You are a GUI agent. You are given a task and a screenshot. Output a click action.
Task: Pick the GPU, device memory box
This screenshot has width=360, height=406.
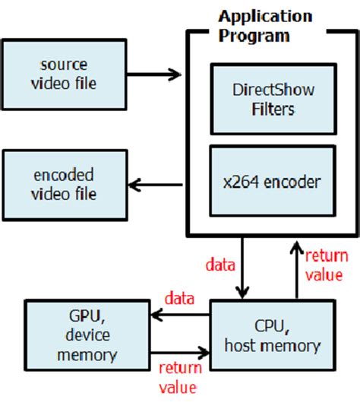[x=87, y=335]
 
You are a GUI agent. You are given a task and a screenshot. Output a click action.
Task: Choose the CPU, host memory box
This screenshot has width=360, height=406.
[x=271, y=335]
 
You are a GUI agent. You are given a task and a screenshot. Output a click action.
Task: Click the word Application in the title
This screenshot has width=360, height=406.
[x=265, y=16]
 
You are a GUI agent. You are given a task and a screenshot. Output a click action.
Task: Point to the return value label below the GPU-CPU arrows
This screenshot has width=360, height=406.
[x=182, y=378]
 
